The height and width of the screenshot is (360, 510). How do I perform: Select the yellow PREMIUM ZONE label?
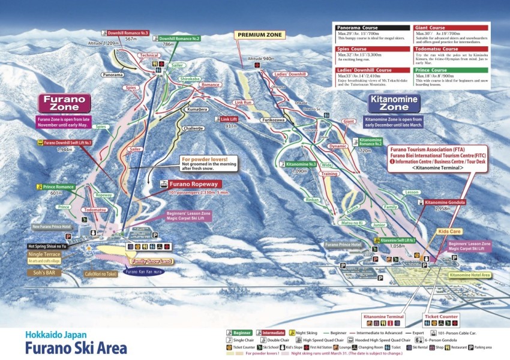pos(257,35)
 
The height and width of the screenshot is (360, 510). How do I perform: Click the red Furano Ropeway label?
pos(191,184)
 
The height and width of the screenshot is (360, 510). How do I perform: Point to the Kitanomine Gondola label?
pos(445,203)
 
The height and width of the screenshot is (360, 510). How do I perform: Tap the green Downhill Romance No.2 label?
pos(179,38)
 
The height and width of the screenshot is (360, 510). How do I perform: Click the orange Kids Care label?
pos(449,231)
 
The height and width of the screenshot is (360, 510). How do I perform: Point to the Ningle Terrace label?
pos(44,254)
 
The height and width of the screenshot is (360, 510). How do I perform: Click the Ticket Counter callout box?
pos(440,316)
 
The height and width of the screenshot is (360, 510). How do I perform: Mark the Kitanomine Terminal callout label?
pos(382,316)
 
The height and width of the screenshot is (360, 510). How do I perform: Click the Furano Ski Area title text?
pos(76,348)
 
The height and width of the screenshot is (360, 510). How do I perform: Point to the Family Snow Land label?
pos(150,262)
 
